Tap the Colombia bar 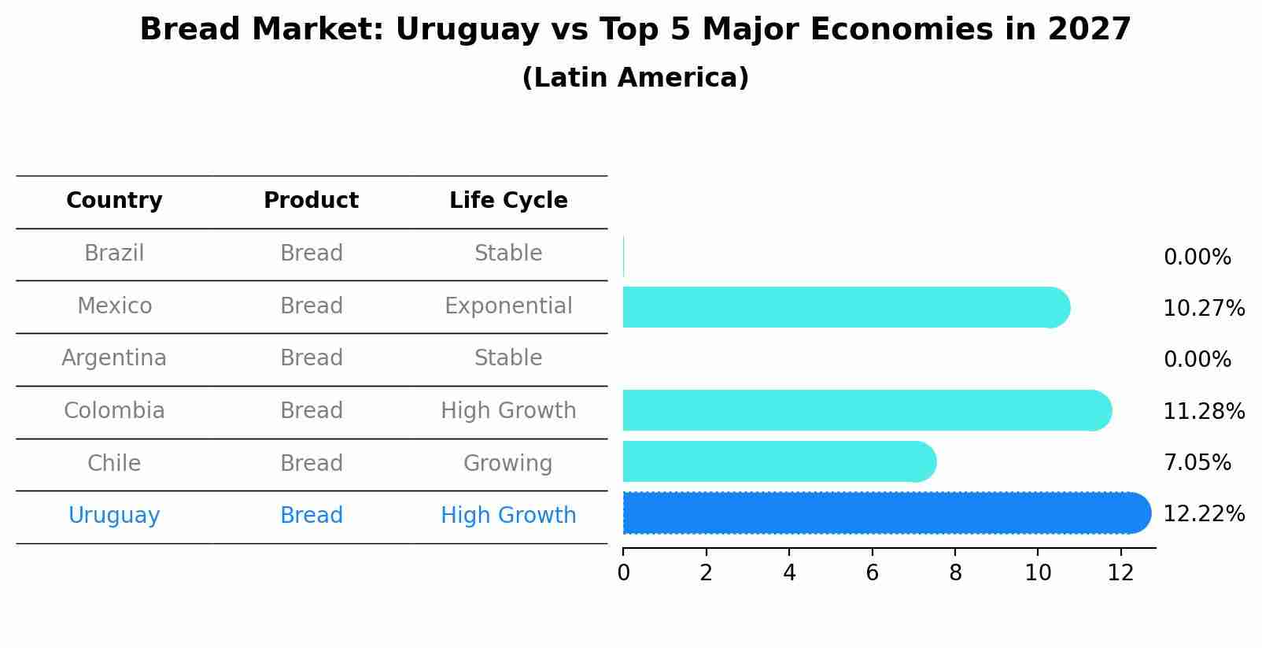[865, 410]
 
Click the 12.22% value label [1203, 514]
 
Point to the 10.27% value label [1203, 308]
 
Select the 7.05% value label [1197, 462]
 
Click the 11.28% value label [1203, 411]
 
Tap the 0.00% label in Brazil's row [1197, 257]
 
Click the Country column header [114, 201]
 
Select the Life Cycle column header [508, 201]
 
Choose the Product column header [311, 201]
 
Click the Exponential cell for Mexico [508, 305]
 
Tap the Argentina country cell [114, 358]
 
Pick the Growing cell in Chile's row [507, 463]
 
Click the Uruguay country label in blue [114, 516]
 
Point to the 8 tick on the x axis [955, 573]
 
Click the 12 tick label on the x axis [1120, 573]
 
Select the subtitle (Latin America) [635, 78]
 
